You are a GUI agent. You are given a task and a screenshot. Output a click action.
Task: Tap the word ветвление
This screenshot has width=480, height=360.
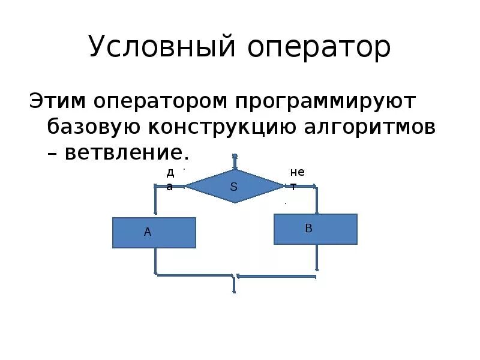coord(126,152)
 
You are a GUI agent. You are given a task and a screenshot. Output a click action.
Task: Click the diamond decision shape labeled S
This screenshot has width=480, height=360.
coord(235,186)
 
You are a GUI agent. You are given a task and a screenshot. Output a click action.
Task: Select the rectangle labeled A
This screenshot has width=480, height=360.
coord(154,233)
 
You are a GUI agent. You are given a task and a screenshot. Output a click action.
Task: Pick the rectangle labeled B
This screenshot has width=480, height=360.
coord(316,229)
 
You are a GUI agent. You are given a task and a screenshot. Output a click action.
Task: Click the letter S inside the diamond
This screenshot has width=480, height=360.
coord(235,187)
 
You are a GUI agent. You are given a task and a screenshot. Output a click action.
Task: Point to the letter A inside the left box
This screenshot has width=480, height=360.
coord(147,232)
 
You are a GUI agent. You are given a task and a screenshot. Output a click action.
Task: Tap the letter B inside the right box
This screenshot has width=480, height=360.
coord(308,228)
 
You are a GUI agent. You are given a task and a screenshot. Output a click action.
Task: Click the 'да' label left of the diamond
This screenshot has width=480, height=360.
coord(170,179)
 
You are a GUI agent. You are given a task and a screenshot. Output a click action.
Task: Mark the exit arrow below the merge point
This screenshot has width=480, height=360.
coord(233,285)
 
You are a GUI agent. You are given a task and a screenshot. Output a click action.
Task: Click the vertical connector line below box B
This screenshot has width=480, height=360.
coord(316,258)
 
